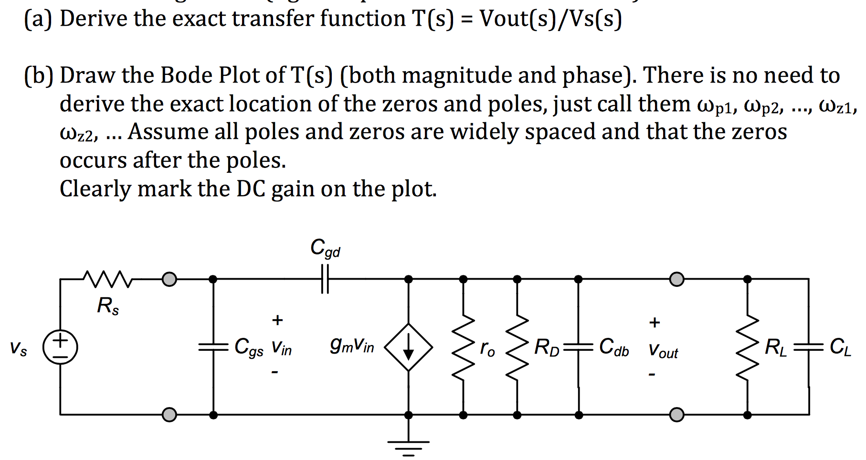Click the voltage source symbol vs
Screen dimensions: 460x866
[x=60, y=347]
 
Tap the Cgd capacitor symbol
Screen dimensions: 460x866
[x=325, y=279]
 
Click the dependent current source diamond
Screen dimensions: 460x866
[x=409, y=347]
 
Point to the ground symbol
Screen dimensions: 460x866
[x=409, y=447]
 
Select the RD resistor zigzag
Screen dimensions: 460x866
[x=517, y=347]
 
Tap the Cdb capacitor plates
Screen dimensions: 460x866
[x=579, y=347]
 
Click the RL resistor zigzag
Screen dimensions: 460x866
[x=748, y=347]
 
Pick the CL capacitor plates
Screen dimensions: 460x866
[x=809, y=347]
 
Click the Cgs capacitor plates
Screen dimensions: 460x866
[x=213, y=347]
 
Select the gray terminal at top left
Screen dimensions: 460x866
[x=169, y=279]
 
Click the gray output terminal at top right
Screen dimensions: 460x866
[x=676, y=279]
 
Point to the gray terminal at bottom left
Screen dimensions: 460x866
[x=169, y=415]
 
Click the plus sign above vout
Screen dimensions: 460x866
[x=655, y=323]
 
